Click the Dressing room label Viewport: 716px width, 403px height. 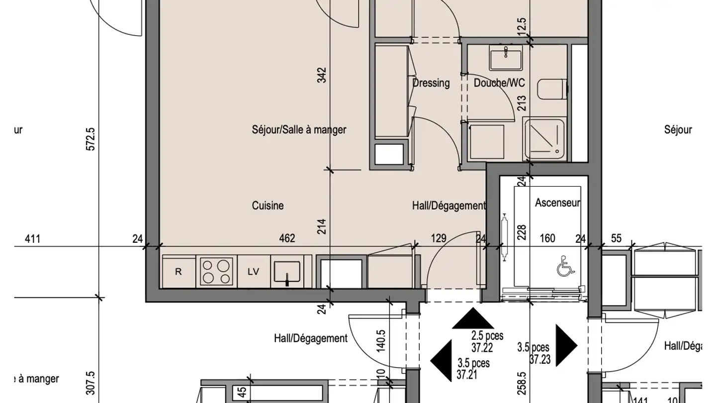[431, 83]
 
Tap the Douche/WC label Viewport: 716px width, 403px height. [499, 83]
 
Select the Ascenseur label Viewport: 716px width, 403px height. [557, 203]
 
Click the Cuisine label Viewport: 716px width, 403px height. [268, 205]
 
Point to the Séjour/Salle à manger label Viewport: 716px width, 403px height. [299, 130]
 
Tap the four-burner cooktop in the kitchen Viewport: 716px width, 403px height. [217, 271]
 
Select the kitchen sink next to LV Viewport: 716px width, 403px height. [286, 272]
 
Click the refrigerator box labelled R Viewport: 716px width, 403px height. [179, 272]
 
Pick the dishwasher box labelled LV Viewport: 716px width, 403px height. [254, 272]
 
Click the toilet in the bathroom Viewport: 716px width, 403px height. [552, 90]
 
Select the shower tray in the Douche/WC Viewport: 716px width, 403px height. [544, 139]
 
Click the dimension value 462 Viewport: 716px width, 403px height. [287, 238]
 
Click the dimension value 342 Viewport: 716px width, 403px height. [322, 75]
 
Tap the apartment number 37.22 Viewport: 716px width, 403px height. [482, 346]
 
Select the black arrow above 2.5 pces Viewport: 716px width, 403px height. [472, 319]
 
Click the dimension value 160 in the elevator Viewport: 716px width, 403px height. [547, 238]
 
